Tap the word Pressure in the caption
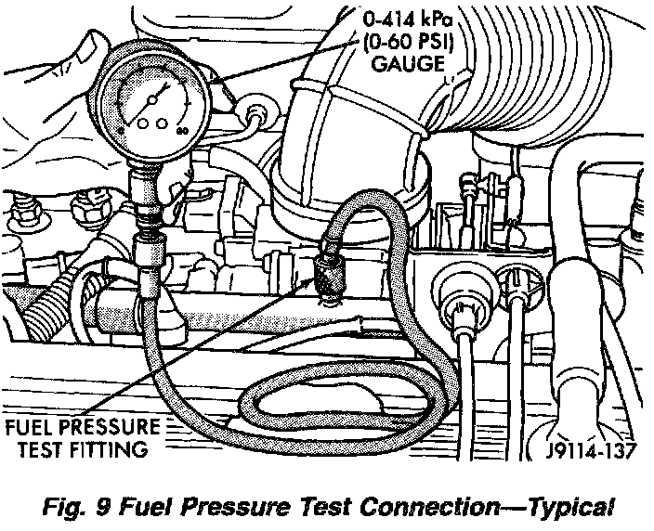pos(242,507)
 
